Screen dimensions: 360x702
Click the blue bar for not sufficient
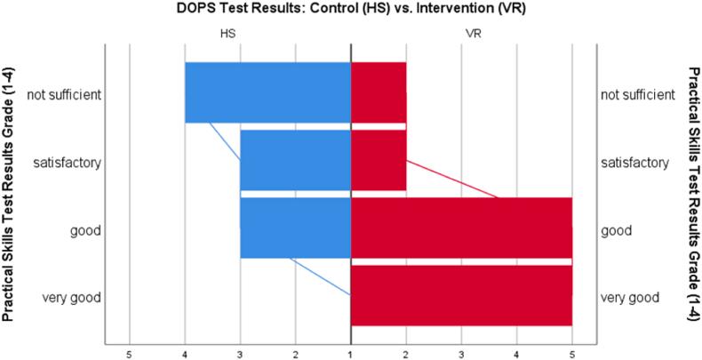click(x=267, y=92)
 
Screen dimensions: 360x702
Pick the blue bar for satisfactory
click(x=295, y=160)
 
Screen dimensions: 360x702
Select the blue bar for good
click(x=295, y=228)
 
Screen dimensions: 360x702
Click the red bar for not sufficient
click(x=379, y=92)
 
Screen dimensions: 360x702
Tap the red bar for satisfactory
click(x=379, y=160)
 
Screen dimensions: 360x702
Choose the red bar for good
click(x=461, y=229)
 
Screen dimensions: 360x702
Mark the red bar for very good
click(x=461, y=295)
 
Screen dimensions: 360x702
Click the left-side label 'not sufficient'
click(x=63, y=93)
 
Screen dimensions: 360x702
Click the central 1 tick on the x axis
click(x=351, y=355)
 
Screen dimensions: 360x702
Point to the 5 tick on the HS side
click(x=130, y=355)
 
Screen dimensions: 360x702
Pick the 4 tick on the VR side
click(x=516, y=355)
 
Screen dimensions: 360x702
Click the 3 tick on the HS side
click(x=240, y=355)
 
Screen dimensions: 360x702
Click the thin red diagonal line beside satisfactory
click(x=453, y=180)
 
